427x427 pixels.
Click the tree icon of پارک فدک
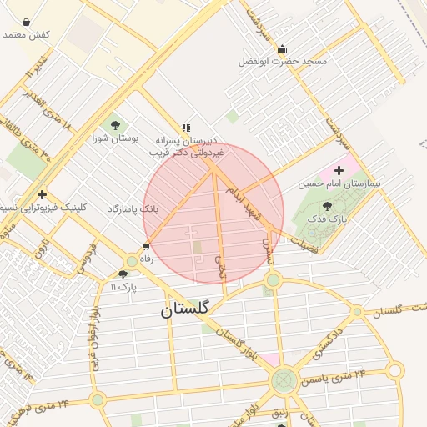pos(325,205)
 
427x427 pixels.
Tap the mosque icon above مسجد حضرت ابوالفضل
pos(282,48)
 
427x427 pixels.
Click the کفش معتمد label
pos(27,35)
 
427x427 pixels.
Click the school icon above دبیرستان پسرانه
pos(187,128)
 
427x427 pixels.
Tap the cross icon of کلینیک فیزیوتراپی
pos(42,194)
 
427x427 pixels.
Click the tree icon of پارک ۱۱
pos(123,274)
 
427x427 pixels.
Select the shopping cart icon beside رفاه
pos(147,246)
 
